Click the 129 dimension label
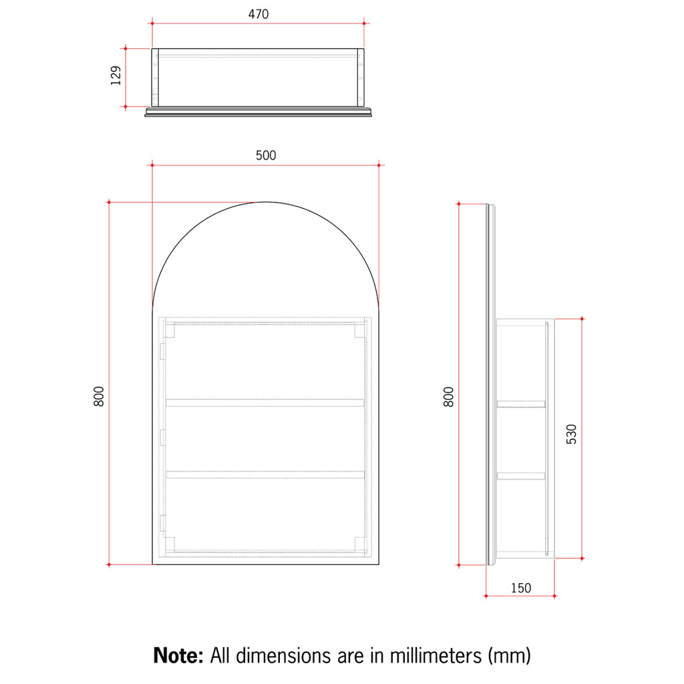116,76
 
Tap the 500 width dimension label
265,155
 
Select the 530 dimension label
571,434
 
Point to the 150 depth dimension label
521,588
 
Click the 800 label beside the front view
99,397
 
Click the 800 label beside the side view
448,397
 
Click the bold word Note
178,655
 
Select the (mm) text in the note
509,655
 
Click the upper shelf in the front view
265,402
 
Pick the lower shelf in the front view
265,474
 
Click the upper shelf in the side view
521,403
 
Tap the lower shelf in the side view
521,476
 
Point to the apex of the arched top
266,202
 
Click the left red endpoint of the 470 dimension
152,23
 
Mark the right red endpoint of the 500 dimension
379,164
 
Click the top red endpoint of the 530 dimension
582,319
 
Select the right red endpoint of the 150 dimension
554,596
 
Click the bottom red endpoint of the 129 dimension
125,106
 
